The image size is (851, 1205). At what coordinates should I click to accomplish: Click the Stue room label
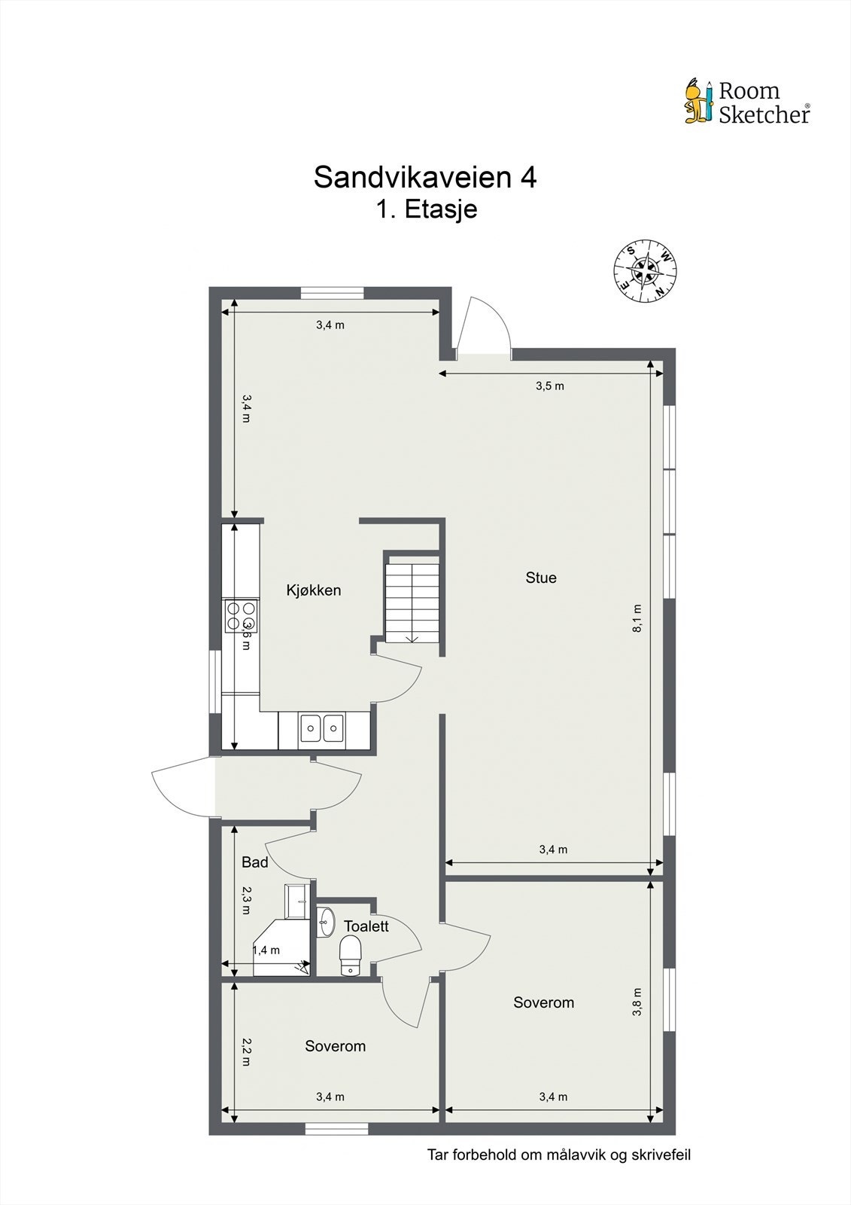point(540,578)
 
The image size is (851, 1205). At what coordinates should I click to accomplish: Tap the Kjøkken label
point(313,590)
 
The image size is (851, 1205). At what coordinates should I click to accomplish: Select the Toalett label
point(366,926)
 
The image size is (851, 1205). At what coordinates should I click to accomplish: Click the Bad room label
point(254,862)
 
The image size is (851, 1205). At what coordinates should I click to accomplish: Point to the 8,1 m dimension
point(637,618)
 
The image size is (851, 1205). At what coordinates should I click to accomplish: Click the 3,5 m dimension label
point(549,386)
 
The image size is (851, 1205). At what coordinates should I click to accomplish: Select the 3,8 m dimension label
point(637,1002)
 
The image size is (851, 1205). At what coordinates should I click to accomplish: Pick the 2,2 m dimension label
point(245,1051)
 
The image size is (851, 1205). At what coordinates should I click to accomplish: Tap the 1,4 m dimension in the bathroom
point(266,950)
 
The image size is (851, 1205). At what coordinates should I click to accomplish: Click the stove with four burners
point(242,615)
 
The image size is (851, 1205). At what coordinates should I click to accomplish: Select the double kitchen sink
point(321,729)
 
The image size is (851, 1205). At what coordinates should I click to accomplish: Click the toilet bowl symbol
point(351,955)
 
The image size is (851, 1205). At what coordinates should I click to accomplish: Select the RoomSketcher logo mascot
point(698,101)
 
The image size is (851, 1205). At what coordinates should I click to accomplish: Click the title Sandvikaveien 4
point(424,178)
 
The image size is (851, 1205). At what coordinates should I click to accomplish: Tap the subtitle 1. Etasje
point(426,209)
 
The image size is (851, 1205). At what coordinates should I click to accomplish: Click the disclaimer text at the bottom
point(558,1155)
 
